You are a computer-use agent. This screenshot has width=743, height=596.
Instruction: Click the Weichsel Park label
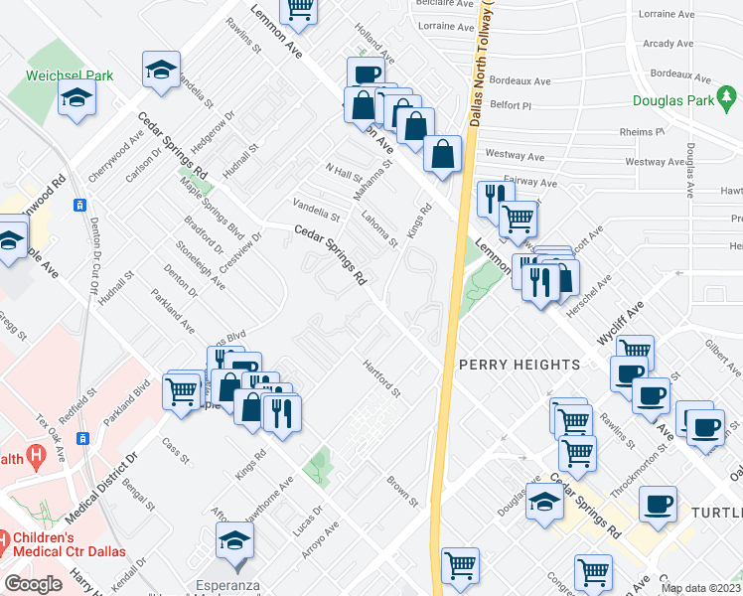(71, 75)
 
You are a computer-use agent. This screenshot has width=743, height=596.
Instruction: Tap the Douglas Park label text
(673, 101)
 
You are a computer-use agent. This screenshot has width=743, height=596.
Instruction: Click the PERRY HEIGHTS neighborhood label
(519, 365)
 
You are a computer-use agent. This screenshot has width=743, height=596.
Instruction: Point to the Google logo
(33, 584)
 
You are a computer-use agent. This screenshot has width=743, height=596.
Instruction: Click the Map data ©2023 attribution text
(700, 588)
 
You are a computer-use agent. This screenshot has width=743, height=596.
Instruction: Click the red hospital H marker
(37, 457)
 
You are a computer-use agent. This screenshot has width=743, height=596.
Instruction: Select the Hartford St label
(380, 377)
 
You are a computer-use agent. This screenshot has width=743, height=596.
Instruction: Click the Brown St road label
(402, 490)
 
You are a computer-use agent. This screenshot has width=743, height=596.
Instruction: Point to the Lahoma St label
(378, 226)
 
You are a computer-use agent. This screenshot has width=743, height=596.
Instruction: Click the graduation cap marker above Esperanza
(235, 541)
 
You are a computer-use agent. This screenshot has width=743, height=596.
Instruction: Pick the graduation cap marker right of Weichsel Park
(161, 71)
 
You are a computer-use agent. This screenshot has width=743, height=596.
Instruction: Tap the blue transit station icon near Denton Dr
(79, 205)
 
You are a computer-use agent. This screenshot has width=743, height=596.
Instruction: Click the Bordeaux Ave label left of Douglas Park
(520, 81)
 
